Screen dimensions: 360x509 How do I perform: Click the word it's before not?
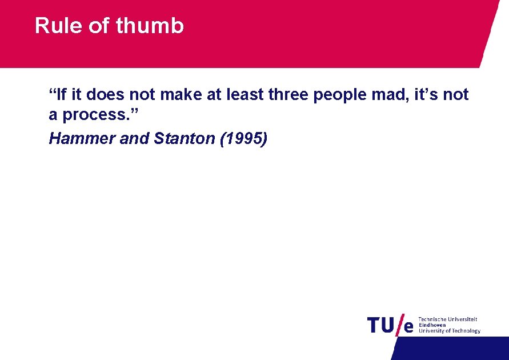(425, 94)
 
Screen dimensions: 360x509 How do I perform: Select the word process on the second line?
(98, 115)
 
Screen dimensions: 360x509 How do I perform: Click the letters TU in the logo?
(381, 325)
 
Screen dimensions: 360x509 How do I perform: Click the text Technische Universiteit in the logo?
(448, 319)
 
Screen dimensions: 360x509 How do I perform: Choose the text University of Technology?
(450, 331)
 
